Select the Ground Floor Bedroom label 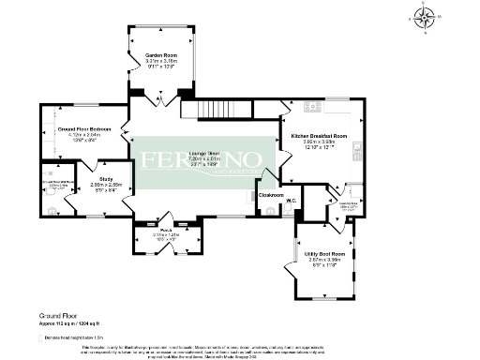click(84, 128)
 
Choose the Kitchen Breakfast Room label click(320, 137)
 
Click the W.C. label click(292, 201)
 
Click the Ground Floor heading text click(59, 318)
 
